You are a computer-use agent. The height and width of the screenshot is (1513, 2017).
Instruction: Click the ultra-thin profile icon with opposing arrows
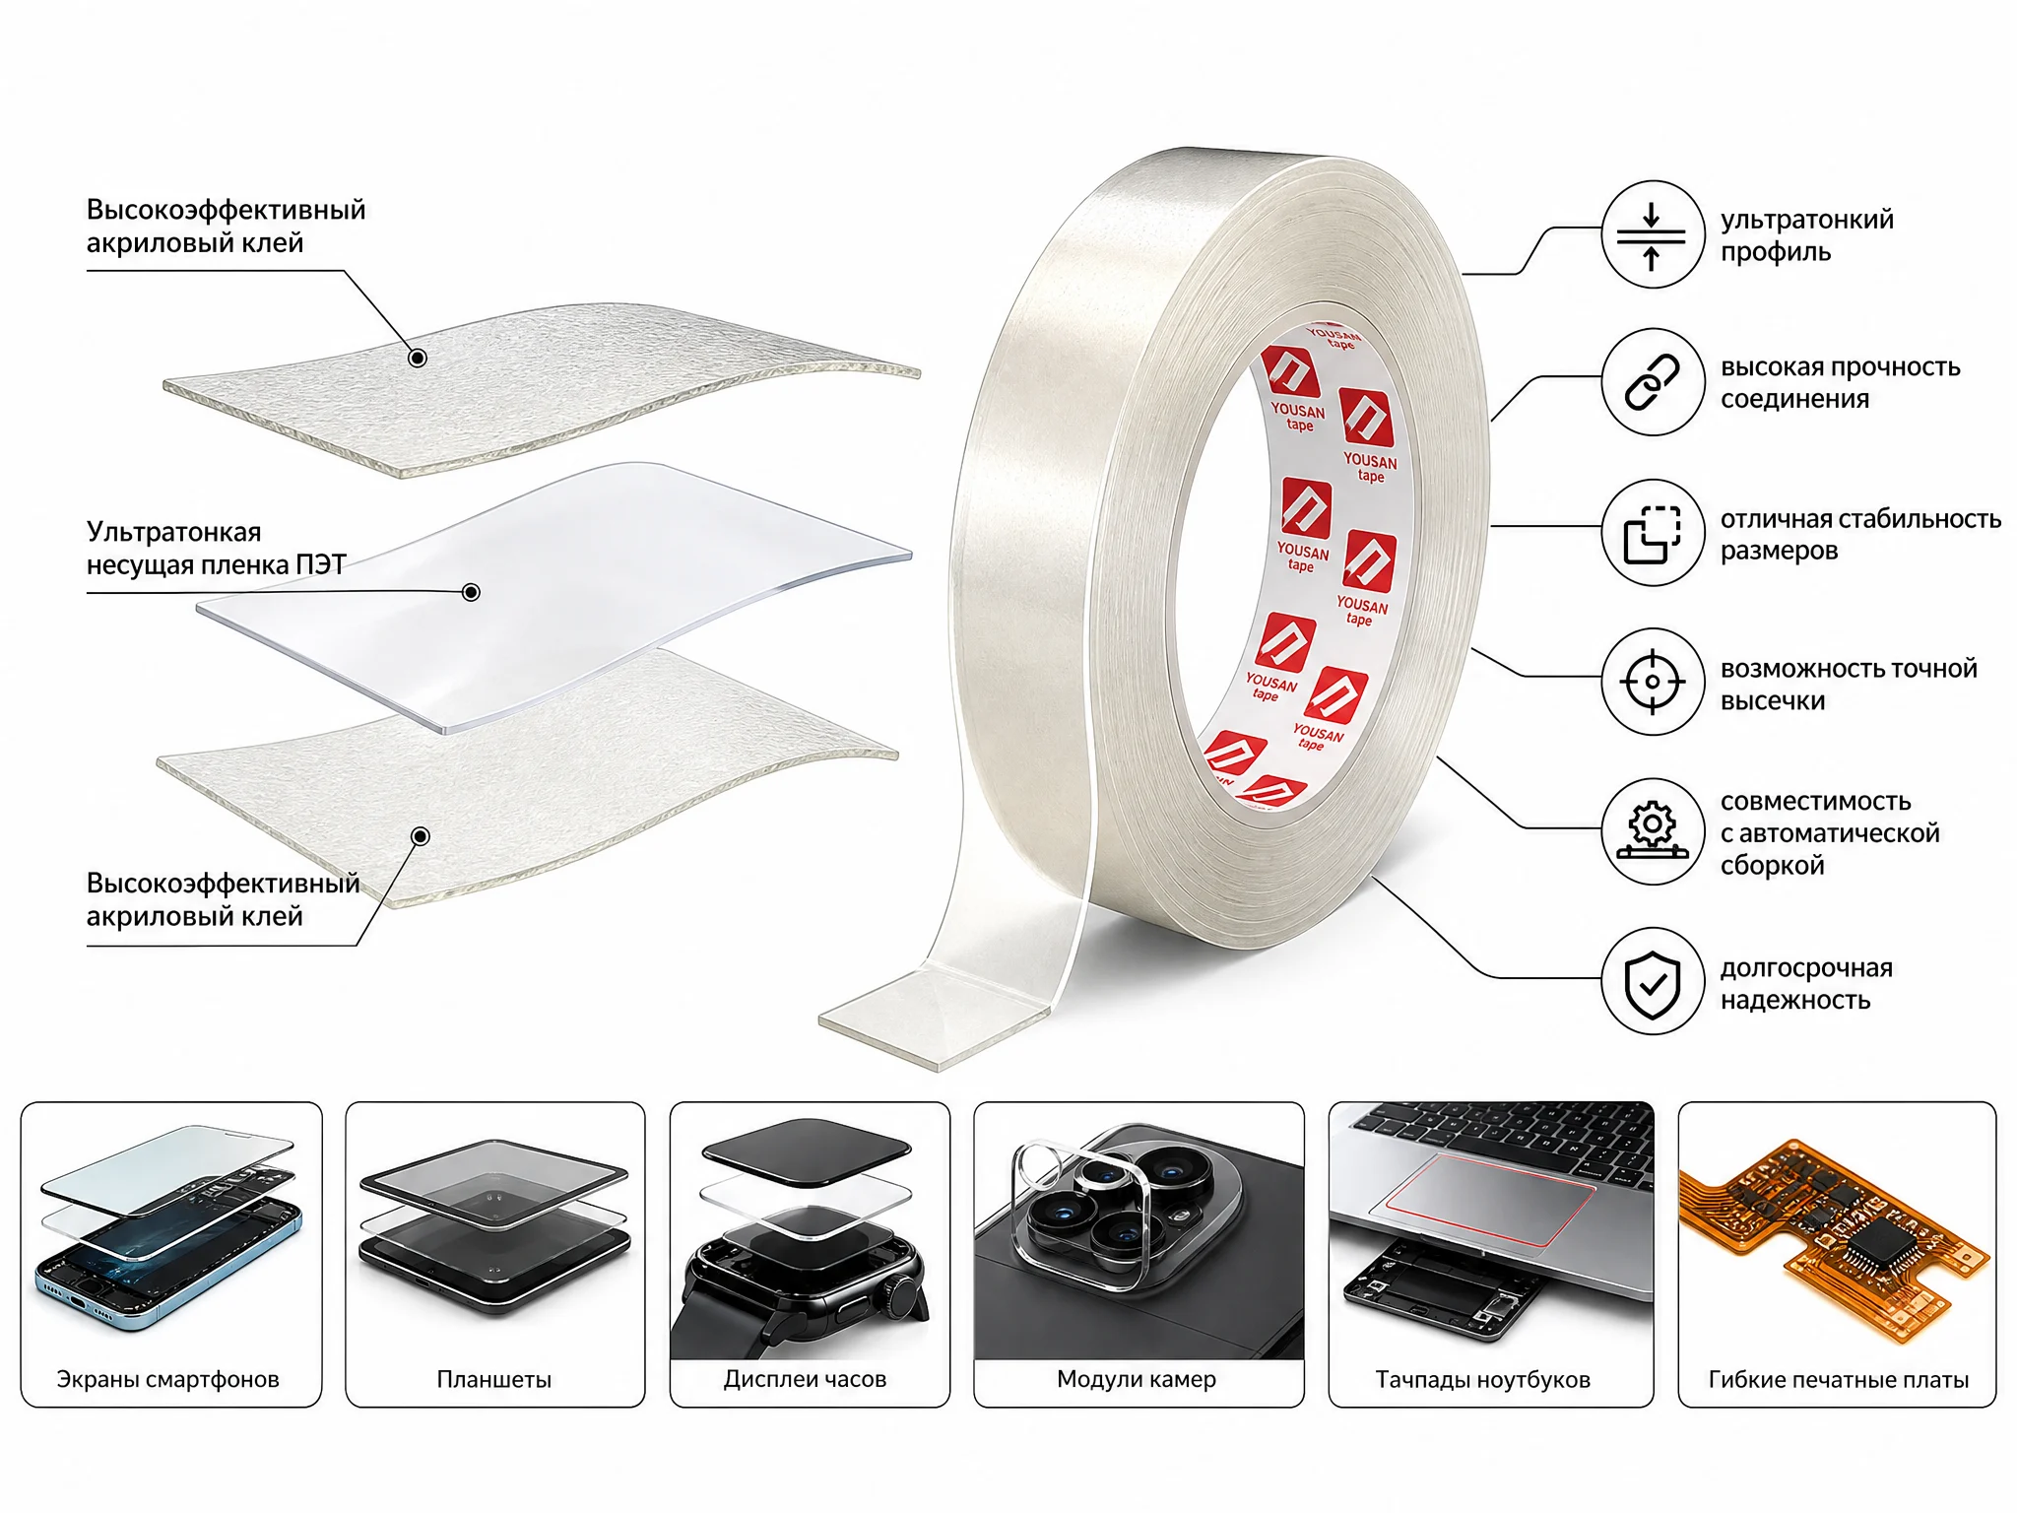(1652, 234)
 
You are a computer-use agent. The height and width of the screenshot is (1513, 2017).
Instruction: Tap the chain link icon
(1652, 382)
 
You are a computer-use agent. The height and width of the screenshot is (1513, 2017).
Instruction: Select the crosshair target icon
(1652, 682)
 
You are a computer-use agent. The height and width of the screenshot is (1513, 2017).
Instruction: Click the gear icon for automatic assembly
(1652, 831)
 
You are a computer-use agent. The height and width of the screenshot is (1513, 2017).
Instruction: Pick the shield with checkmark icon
(1652, 981)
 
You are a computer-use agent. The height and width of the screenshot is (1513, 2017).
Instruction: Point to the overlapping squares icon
(1652, 533)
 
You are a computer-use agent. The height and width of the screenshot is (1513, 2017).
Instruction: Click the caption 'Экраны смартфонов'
(168, 1379)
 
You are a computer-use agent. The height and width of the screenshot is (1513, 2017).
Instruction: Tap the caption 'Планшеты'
(494, 1379)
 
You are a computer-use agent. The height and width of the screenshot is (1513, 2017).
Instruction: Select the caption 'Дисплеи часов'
(806, 1379)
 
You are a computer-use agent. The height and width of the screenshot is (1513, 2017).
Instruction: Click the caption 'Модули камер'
(1137, 1379)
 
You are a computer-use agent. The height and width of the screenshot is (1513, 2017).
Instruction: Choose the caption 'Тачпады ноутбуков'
(1483, 1379)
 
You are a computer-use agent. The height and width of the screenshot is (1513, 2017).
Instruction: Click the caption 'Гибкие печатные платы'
(1839, 1379)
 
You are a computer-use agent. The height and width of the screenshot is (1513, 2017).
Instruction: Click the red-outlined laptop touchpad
(1489, 1200)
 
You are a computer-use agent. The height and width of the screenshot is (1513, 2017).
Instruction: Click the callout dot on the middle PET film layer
(471, 592)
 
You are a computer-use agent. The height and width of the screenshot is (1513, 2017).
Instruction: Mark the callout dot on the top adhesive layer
(418, 358)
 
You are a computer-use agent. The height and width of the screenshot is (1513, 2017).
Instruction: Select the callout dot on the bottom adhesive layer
(421, 836)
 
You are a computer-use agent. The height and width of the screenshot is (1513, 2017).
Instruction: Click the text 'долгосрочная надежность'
(1806, 983)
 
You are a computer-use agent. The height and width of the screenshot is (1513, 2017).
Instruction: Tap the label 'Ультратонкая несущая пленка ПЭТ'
(216, 548)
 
